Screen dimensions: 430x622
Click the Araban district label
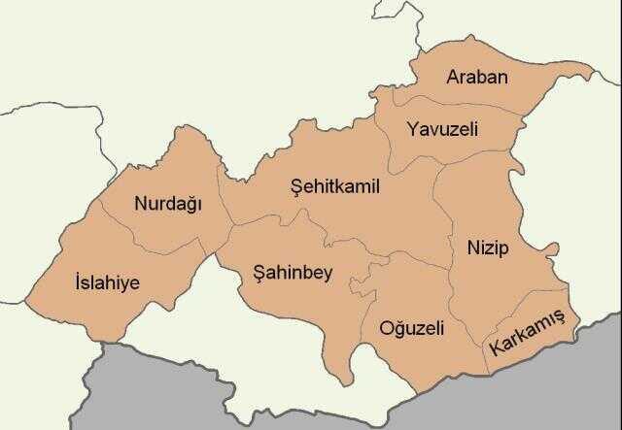coord(476,77)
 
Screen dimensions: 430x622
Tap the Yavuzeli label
coord(442,129)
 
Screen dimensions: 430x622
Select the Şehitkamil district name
coord(334,186)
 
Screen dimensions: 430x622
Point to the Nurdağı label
coord(166,205)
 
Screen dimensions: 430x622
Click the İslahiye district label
coord(107,282)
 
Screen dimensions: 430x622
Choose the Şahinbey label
coord(293,273)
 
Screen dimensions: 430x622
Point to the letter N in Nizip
coord(472,244)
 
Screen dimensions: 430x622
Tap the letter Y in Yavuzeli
coord(413,128)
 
